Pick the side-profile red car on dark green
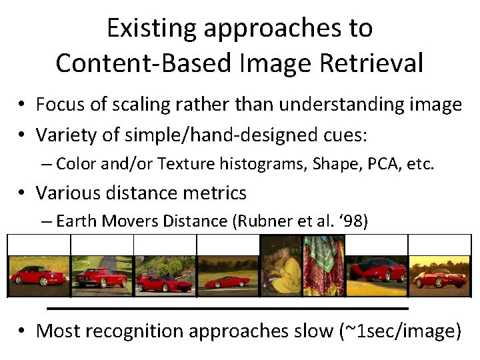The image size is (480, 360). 227,276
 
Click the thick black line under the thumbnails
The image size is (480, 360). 227,309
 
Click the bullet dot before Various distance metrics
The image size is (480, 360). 22,194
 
